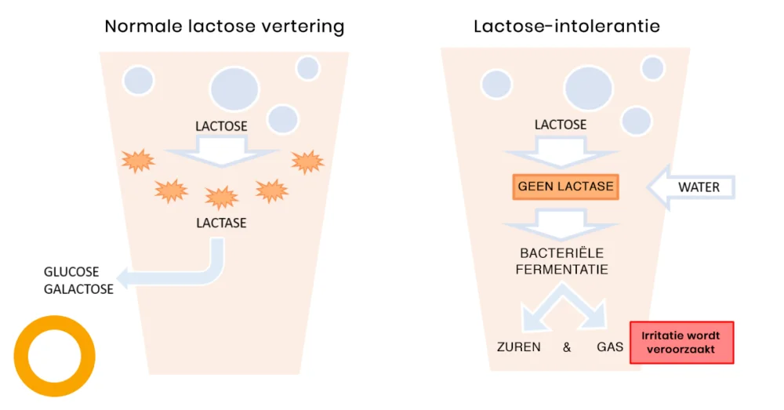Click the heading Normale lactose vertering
224,26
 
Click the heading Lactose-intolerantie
566,26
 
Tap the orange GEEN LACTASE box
565,187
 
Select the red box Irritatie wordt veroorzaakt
681,343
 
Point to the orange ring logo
54,355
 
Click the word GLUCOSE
71,272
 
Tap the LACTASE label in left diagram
221,223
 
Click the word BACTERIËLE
564,253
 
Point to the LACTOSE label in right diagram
561,125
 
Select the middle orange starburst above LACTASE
222,197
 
